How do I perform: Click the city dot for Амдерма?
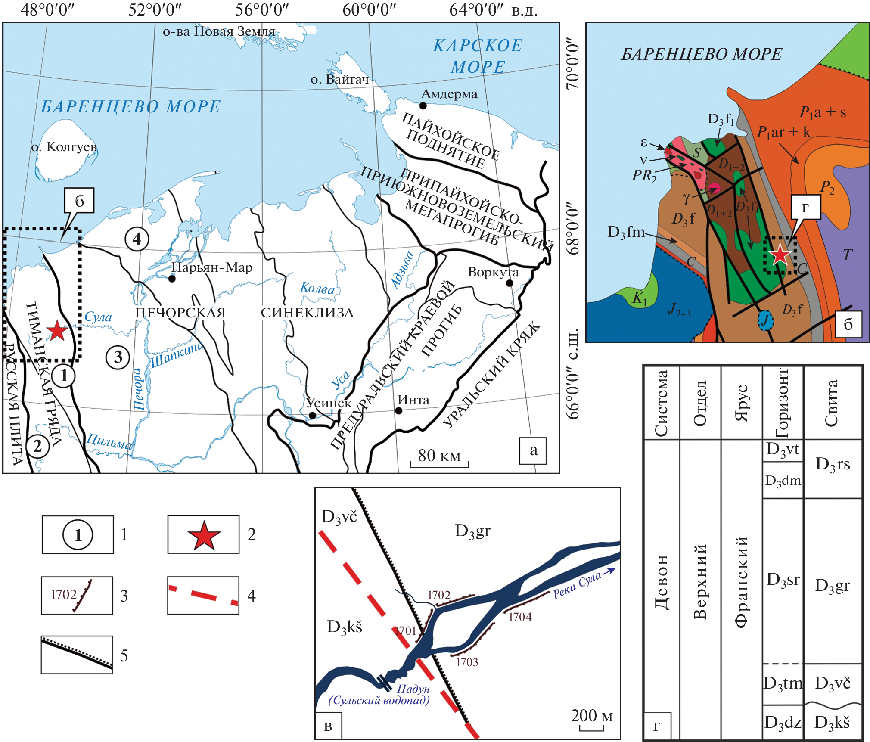tap(423, 106)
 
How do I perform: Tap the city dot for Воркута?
tap(510, 283)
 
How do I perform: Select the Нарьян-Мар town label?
tap(212, 267)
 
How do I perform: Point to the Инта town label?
tap(413, 400)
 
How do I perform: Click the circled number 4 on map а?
tap(137, 239)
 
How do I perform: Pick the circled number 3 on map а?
tap(118, 357)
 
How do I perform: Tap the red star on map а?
tap(57, 331)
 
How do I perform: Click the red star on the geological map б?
tap(780, 255)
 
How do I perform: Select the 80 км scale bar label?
tap(439, 455)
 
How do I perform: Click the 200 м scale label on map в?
tap(592, 716)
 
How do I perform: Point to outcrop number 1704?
tap(520, 617)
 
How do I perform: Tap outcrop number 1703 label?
tap(467, 662)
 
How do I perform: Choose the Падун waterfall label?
tap(413, 689)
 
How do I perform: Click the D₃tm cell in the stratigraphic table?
tap(783, 683)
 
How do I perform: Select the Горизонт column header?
tap(782, 402)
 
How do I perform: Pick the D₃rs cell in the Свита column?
tap(833, 464)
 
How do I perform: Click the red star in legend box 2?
tap(204, 535)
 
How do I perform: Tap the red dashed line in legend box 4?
tap(203, 595)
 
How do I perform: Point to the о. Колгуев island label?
tap(64, 147)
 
